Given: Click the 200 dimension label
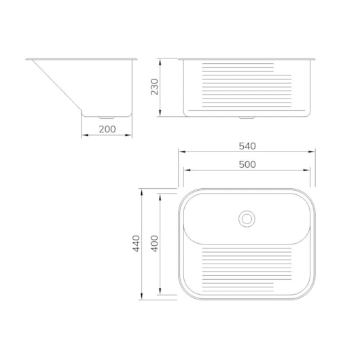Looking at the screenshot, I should (107, 128).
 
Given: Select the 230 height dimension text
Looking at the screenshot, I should (154, 87).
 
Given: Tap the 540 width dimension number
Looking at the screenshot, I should (247, 146).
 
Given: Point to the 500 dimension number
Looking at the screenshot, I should (247, 164).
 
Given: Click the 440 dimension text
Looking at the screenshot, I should (136, 242).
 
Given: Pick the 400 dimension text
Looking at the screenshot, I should (154, 243).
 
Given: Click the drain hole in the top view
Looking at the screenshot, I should (247, 218).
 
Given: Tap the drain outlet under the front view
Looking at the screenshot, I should (247, 118).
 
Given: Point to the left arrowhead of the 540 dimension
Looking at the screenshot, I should (181, 152).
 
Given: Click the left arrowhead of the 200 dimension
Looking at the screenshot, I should (84, 134).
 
